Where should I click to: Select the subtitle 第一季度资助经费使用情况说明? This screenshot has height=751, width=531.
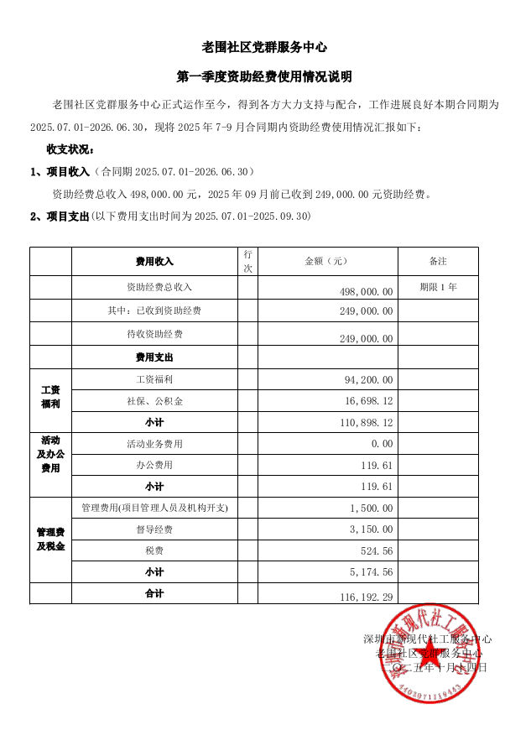(x=265, y=76)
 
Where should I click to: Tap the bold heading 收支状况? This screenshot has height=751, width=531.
(x=70, y=149)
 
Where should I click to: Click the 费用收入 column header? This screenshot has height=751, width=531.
(x=154, y=262)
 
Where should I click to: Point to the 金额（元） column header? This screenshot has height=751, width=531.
(x=326, y=262)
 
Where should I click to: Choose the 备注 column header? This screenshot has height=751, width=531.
(x=438, y=262)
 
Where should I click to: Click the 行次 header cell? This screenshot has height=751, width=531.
(x=247, y=262)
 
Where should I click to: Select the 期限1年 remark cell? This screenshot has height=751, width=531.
(x=438, y=287)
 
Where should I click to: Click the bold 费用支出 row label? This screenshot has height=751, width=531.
(x=154, y=357)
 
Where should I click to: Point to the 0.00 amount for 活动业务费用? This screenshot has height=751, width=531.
(x=382, y=444)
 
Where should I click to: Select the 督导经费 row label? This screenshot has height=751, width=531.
(x=154, y=529)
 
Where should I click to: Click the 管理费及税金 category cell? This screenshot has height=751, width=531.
(x=50, y=540)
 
